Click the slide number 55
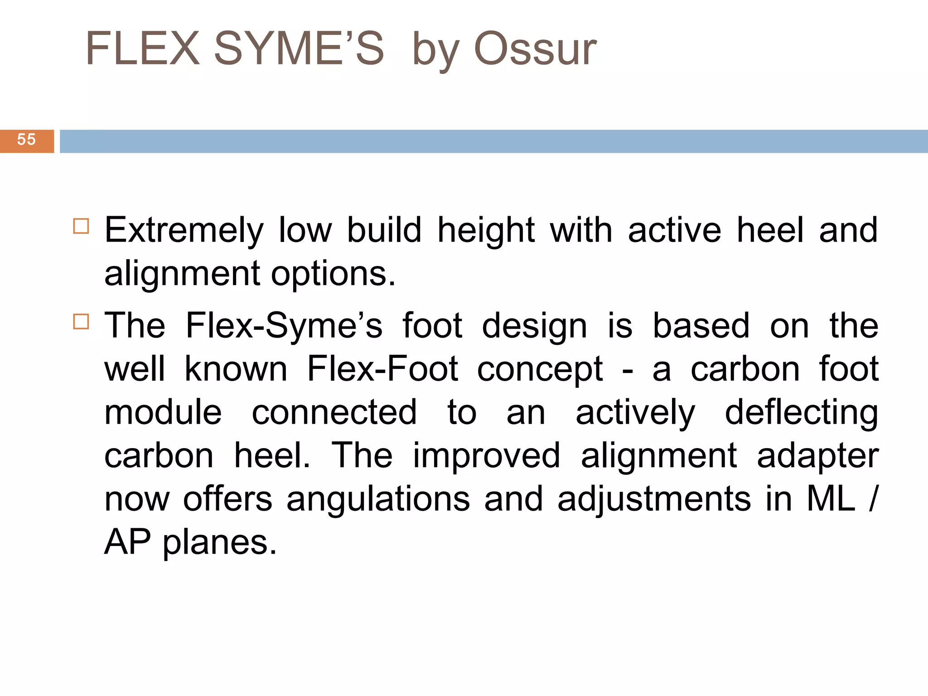(26, 140)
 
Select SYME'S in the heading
(299, 48)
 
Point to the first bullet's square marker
(81, 226)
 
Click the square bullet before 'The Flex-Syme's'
(81, 322)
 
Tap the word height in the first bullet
(486, 230)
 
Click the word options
(333, 274)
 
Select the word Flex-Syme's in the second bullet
(284, 326)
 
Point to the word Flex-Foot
(382, 369)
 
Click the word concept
(540, 370)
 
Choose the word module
(163, 412)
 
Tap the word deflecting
(801, 413)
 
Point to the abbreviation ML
(831, 498)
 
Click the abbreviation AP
(127, 542)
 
